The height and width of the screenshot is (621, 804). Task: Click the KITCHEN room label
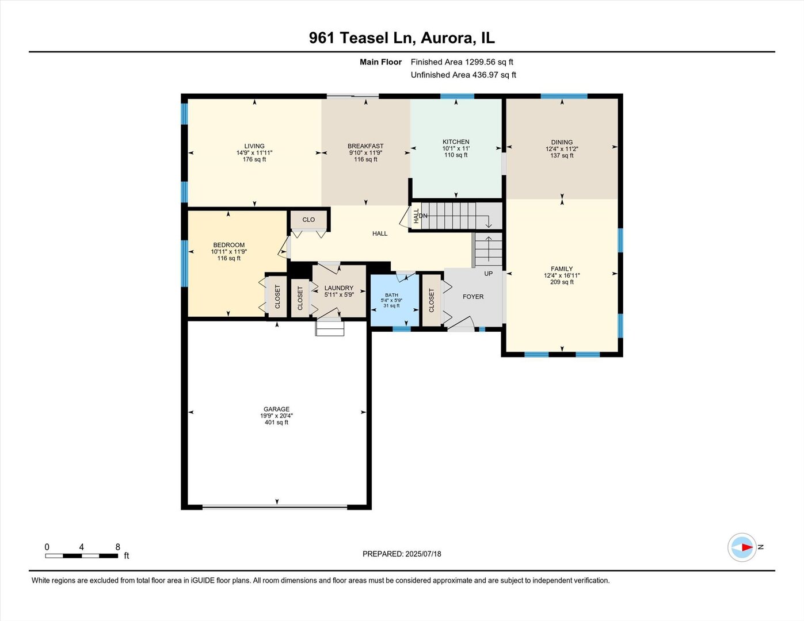[456, 141]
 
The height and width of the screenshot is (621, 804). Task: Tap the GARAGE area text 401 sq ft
[276, 423]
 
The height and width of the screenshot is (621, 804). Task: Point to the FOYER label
[473, 297]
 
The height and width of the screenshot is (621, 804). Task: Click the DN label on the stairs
[424, 216]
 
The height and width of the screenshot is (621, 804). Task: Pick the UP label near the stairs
[488, 274]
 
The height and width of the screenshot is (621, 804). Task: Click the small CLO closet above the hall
[308, 220]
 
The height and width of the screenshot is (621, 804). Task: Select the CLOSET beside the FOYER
[432, 300]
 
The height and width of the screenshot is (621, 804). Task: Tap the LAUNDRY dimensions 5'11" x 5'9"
[338, 295]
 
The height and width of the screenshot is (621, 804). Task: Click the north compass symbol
[742, 547]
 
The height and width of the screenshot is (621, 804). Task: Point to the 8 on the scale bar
[118, 547]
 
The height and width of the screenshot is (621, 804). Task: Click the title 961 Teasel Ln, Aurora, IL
[402, 38]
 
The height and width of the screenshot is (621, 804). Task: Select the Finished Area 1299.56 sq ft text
[462, 62]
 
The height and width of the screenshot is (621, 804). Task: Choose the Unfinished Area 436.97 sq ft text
[463, 75]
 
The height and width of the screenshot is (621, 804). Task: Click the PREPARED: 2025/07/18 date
[402, 554]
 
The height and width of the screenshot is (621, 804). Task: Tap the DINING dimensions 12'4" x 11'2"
[562, 149]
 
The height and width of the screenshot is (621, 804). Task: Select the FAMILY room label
[562, 269]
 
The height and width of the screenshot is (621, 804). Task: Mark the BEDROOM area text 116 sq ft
[229, 259]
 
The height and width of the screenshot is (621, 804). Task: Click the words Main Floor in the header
[380, 62]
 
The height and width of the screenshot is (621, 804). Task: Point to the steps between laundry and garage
[330, 328]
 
